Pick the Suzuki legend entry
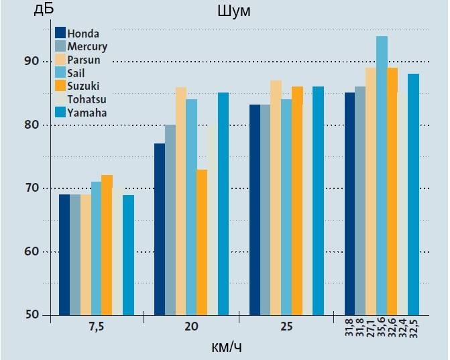[83, 86]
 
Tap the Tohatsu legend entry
[87, 99]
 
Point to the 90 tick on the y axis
[32, 62]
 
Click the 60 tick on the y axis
[32, 252]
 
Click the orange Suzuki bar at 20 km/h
[202, 242]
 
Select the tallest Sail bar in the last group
[382, 175]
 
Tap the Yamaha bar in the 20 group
[223, 204]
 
